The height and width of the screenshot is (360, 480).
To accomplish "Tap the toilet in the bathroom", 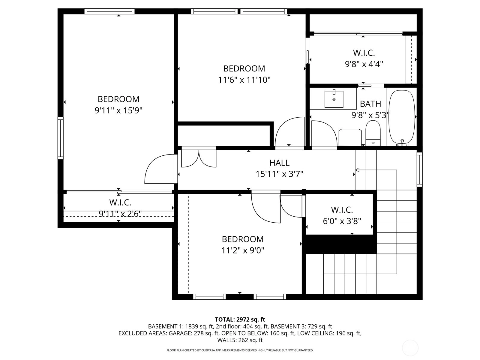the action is (373, 133).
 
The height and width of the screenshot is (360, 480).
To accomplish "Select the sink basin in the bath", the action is (334, 99).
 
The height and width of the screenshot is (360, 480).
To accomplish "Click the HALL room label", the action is (279, 163).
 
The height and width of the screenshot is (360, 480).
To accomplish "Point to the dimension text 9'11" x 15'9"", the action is (118, 111).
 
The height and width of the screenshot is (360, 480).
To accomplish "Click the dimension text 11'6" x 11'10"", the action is (244, 80).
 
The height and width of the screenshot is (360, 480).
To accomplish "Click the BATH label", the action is (370, 104).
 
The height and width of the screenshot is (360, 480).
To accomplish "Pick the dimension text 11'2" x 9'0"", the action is (243, 250).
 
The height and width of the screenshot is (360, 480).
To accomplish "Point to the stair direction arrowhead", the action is (357, 170).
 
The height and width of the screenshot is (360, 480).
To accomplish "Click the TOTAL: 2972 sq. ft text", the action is (240, 320).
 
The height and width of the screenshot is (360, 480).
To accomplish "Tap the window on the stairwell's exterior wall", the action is (419, 169).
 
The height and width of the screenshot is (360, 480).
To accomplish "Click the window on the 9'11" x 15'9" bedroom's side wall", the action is (61, 138).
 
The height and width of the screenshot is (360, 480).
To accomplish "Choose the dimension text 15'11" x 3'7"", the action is (279, 174).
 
